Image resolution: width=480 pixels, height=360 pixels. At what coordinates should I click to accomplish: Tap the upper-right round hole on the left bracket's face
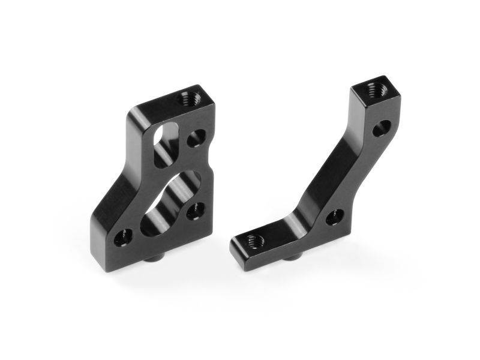click(195, 139)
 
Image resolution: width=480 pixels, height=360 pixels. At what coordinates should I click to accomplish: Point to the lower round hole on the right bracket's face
click(335, 217)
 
